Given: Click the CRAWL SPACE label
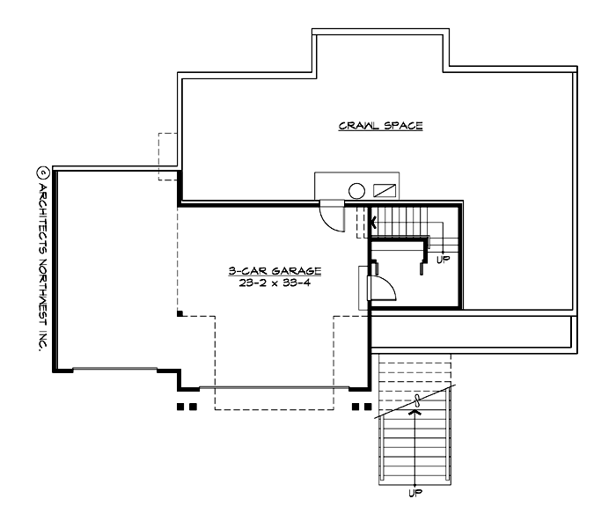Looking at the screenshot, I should (x=381, y=126).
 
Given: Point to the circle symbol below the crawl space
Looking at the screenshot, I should (x=357, y=189).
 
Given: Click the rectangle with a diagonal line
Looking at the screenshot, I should (x=385, y=189).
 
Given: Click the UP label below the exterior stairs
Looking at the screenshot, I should (x=414, y=494).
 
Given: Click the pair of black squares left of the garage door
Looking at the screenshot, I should (x=185, y=407).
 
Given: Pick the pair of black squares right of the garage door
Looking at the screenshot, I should (x=361, y=407).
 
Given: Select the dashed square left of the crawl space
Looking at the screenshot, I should (x=168, y=157).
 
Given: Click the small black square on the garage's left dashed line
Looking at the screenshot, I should (x=179, y=312).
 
